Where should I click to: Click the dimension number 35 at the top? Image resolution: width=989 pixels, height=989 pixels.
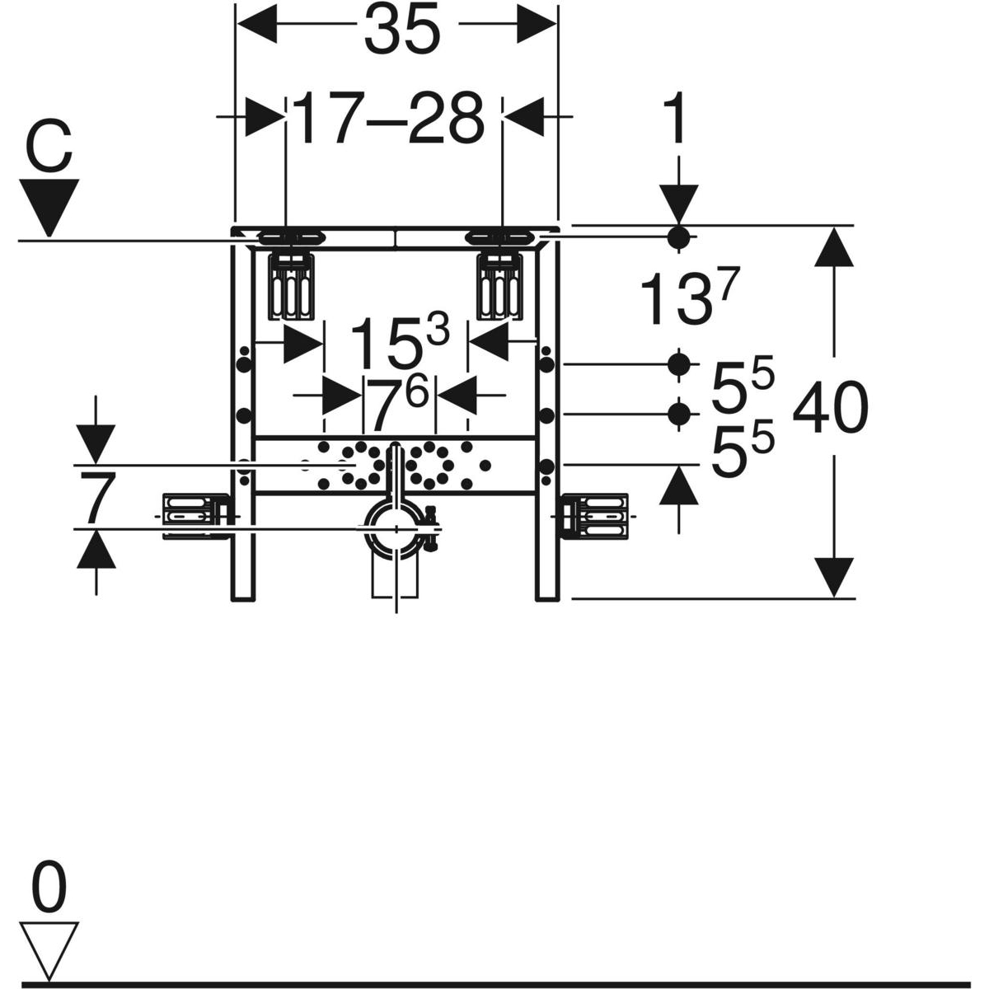402,30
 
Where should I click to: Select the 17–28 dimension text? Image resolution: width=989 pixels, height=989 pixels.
388,120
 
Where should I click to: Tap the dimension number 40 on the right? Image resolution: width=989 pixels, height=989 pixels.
830,409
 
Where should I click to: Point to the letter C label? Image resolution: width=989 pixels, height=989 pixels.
49,148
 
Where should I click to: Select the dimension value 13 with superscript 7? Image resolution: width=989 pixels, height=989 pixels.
689,298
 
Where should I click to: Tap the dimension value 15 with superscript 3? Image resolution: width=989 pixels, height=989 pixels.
399,343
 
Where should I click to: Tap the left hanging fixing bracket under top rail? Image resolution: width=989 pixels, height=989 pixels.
292,286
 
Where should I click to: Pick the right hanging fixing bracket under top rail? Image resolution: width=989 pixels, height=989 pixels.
500,286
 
